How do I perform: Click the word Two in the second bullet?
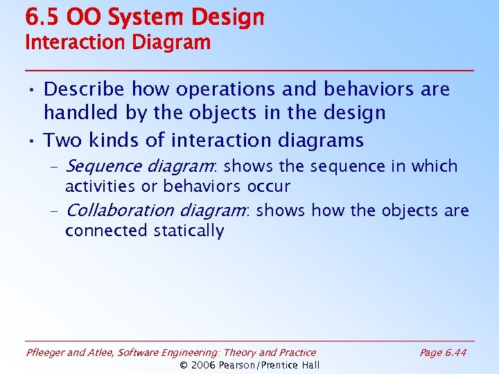coord(61,141)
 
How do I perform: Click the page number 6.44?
coord(456,353)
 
